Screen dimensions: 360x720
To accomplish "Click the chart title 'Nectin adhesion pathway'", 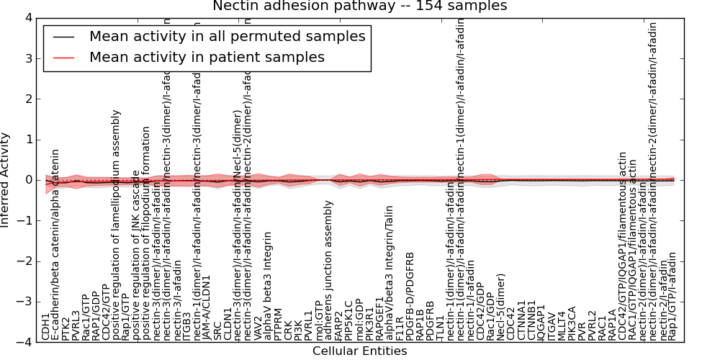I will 359,6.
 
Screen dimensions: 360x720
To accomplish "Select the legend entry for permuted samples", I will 227,36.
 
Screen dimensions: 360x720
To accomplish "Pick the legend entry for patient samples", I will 207,57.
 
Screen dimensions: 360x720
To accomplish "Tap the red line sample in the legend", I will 65,57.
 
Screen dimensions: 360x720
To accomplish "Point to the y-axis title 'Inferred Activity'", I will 6,180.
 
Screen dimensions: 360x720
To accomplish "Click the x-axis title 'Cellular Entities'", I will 359,351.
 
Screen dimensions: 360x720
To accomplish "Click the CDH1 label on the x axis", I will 46,326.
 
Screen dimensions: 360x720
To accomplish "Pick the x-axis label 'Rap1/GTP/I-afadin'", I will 672,296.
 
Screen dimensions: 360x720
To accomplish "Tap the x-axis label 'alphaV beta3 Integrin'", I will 269,276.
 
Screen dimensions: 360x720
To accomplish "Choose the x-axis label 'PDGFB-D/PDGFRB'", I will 410,285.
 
